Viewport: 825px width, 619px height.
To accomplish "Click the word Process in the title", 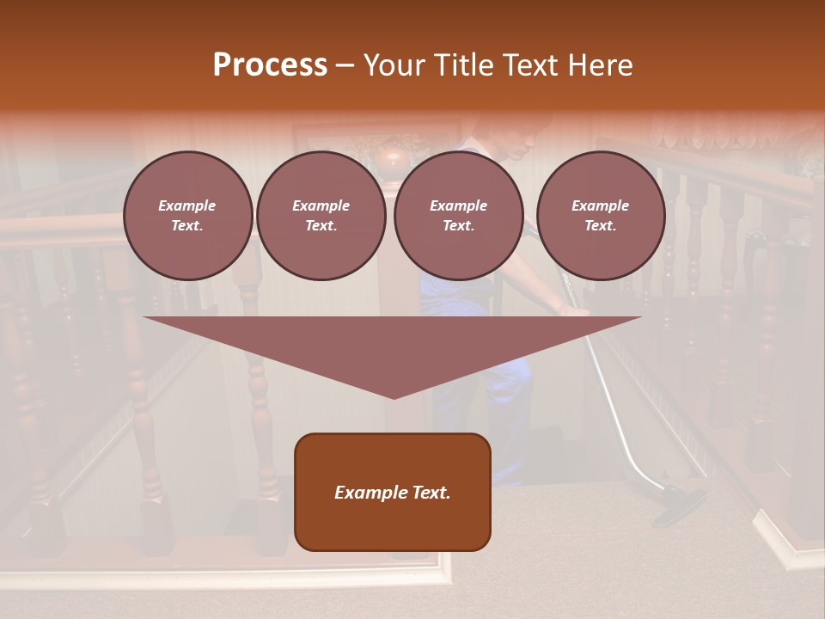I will pos(270,64).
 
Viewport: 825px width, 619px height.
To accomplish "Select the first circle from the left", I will pos(187,216).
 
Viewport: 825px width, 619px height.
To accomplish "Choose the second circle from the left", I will pos(321,216).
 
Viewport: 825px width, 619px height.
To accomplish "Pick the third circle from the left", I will pos(458,216).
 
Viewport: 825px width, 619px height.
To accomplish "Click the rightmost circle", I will pos(600,216).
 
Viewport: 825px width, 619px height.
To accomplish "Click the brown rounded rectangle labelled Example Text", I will pos(392,492).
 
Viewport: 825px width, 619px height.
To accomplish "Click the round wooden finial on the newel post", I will pos(393,160).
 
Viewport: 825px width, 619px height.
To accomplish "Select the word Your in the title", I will pos(395,64).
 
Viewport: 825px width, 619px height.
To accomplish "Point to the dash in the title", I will pos(345,65).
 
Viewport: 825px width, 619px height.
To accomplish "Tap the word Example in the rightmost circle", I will pos(600,206).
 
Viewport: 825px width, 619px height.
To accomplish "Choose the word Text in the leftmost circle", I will pos(187,226).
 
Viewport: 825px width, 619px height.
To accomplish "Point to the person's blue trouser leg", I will pos(507,395).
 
